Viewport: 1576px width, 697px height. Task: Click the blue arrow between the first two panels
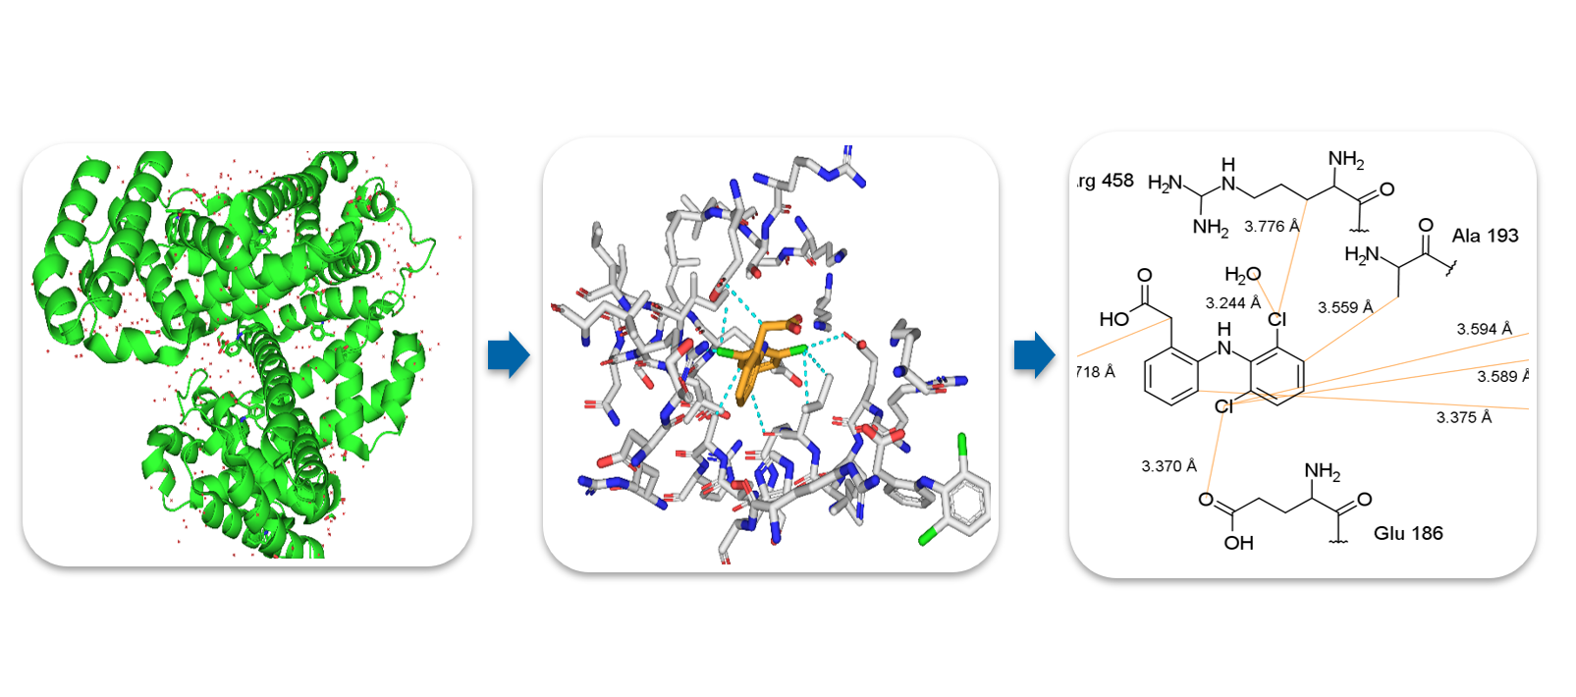click(509, 354)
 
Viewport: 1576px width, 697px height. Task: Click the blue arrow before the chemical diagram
click(1034, 354)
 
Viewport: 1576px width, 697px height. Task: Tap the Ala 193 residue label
click(1485, 236)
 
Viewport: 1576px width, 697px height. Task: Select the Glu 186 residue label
click(1408, 533)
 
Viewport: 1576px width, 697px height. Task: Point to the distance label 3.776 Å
click(1272, 227)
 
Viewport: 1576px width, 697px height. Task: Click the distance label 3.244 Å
click(1232, 303)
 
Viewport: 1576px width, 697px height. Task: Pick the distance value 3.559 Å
click(1345, 307)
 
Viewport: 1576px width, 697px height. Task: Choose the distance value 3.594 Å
click(1484, 329)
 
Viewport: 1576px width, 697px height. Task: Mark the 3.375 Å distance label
click(1463, 417)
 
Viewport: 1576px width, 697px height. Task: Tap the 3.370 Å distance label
click(1168, 466)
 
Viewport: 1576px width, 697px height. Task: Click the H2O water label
click(1242, 275)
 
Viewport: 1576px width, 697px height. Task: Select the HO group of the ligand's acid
click(1114, 319)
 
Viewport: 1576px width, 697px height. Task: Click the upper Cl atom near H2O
click(1277, 319)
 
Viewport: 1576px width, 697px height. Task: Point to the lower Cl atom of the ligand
click(1223, 406)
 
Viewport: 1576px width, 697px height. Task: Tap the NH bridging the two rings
click(1223, 340)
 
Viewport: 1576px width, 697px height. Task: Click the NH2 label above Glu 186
click(1322, 472)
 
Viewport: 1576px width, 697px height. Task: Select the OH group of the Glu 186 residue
click(1238, 543)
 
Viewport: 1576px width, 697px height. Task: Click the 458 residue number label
click(1116, 181)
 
